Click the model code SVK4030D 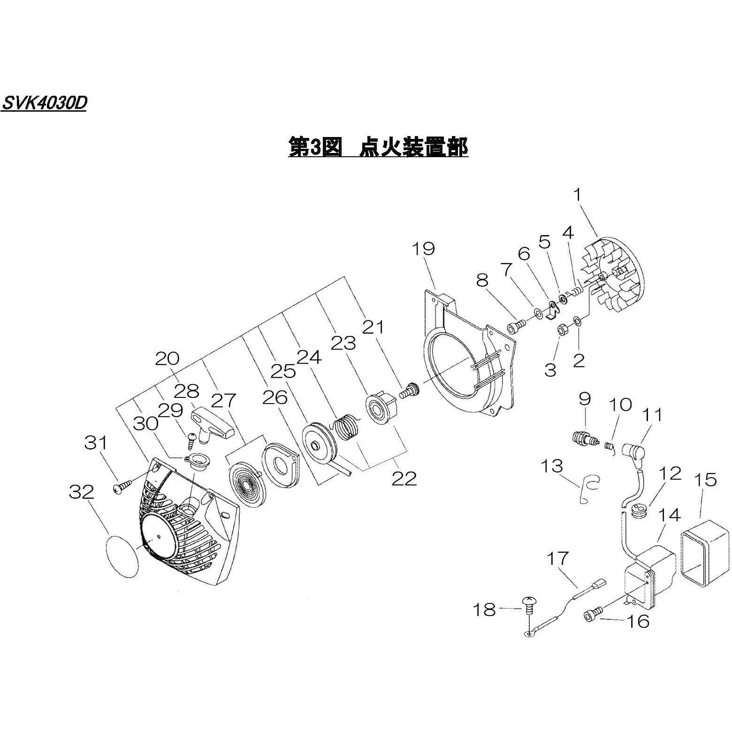coord(44,103)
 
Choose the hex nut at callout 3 coord(562,330)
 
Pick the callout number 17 coord(557,558)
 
